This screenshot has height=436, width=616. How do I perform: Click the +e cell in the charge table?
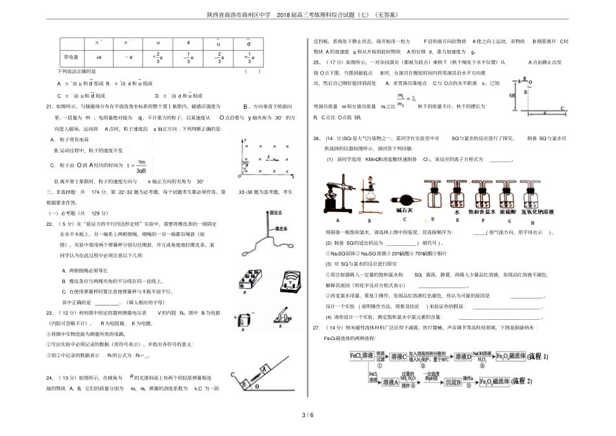[99, 56]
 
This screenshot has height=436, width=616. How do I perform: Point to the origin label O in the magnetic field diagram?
[241, 176]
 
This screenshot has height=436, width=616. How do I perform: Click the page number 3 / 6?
[307, 415]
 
